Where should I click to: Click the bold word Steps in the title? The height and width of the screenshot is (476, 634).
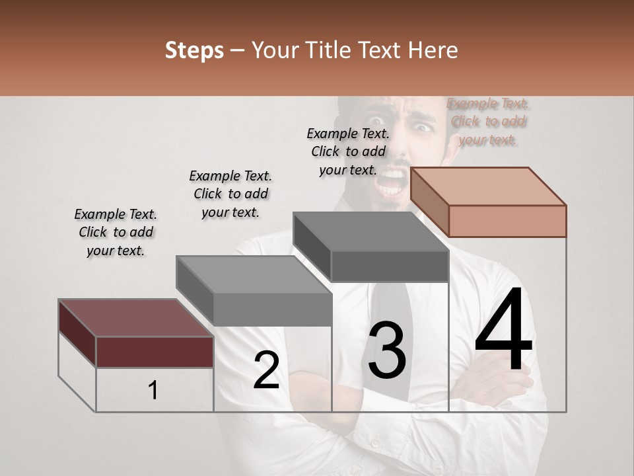[x=194, y=50]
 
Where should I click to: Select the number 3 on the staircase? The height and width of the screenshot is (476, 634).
[x=386, y=350]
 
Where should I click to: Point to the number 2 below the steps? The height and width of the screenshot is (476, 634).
[x=266, y=370]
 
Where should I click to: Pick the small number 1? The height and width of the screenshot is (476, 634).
[x=153, y=391]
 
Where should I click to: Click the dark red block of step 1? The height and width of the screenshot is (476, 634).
[x=155, y=351]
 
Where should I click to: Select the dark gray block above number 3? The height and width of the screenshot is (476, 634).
[x=390, y=266]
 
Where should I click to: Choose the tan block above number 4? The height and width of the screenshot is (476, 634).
[x=507, y=220]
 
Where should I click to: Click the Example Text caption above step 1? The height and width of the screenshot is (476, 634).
[x=116, y=232]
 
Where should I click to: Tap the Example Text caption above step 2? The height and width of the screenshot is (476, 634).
[x=230, y=194]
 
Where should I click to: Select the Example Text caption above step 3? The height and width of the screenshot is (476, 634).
[x=348, y=151]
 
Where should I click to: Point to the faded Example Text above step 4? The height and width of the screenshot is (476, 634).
[x=488, y=121]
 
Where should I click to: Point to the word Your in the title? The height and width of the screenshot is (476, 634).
[x=275, y=50]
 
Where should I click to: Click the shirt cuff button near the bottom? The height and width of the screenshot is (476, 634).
[x=374, y=443]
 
